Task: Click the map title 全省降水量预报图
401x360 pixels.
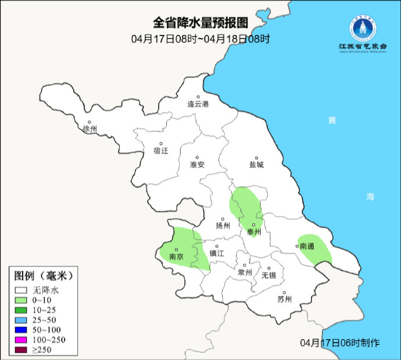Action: point(201,23)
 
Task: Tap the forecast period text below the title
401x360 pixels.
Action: point(201,40)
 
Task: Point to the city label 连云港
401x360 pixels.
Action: point(198,105)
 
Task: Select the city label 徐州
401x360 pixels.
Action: point(90,129)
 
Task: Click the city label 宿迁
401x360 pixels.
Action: point(160,151)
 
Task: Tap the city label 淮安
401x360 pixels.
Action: point(197,165)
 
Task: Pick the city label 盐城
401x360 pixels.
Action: point(256,165)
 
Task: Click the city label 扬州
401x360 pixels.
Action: point(223,226)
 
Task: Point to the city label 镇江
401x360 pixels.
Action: point(217,253)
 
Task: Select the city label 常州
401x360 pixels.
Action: point(245,272)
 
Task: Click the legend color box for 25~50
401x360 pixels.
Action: point(22,319)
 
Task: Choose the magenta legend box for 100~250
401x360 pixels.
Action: point(22,339)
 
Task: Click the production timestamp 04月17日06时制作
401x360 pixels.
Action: point(340,342)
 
